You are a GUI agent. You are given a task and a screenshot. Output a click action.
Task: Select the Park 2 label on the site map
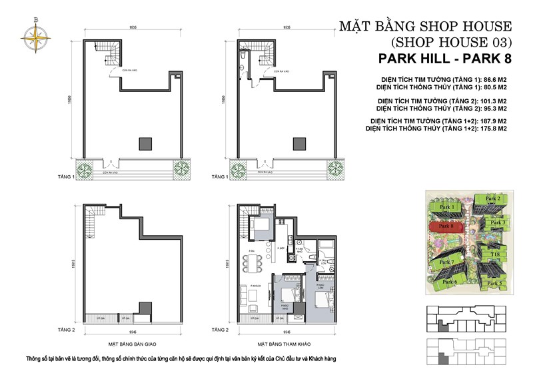[493, 199]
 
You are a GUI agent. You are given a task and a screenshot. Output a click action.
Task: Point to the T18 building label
[496, 254]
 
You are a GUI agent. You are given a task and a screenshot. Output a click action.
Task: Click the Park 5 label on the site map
[495, 283]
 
